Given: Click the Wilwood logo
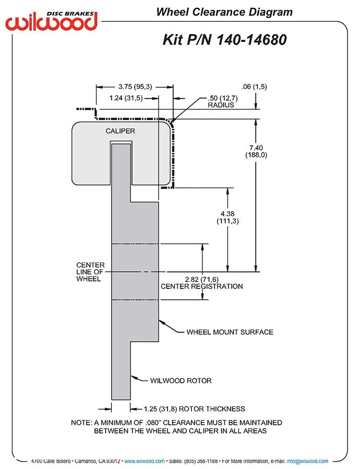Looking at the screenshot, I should (52, 20).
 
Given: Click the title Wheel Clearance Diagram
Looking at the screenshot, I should (224, 12).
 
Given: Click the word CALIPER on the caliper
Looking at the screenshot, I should (120, 131).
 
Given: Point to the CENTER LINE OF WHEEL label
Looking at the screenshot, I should (90, 272).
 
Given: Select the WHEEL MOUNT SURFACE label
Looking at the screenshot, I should (230, 332).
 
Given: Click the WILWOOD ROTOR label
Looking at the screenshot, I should (181, 381).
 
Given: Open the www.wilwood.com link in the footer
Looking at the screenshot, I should (144, 461).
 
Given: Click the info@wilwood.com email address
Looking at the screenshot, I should (307, 461).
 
